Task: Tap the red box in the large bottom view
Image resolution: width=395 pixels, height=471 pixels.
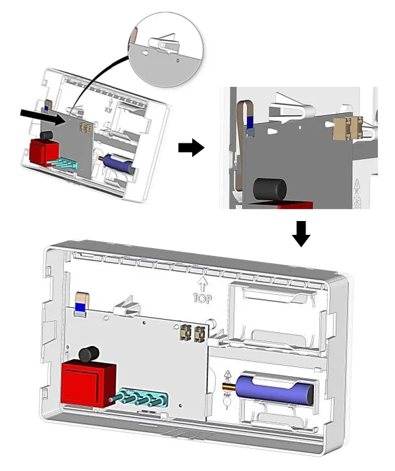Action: (88, 383)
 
